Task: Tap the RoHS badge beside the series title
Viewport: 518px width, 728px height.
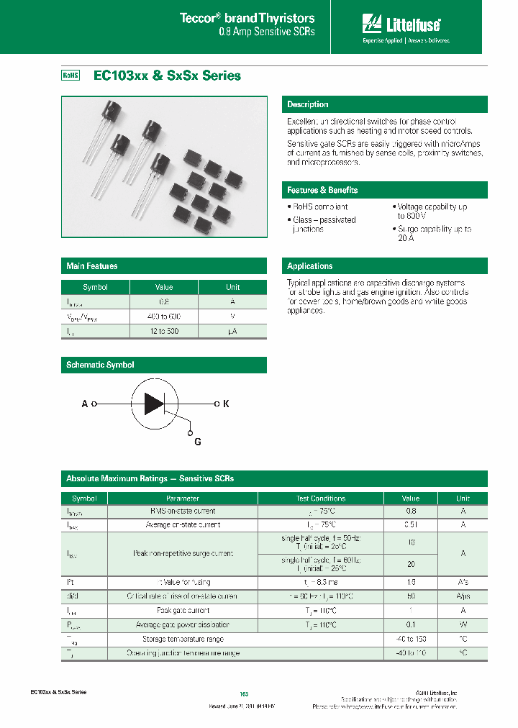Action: [x=70, y=76]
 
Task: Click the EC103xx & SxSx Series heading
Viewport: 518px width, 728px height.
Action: [x=167, y=76]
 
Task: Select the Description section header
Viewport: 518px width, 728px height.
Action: [x=308, y=104]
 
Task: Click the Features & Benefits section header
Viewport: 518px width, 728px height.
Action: [x=322, y=190]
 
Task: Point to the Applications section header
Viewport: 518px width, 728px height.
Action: [x=310, y=266]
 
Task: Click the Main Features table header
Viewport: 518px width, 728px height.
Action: [x=92, y=266]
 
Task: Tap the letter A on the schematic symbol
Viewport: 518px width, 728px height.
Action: [x=85, y=404]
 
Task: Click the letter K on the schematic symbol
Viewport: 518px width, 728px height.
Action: [x=226, y=404]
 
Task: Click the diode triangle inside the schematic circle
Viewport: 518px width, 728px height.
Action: [x=154, y=404]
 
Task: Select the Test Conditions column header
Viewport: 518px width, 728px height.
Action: [x=320, y=498]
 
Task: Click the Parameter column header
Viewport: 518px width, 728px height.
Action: [x=183, y=498]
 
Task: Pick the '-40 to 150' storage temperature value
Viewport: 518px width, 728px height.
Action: [x=410, y=639]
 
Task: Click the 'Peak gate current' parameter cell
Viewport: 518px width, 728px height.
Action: [x=183, y=610]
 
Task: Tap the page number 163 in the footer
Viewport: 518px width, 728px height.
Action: [x=244, y=694]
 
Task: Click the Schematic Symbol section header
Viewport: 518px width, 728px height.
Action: [x=100, y=365]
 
